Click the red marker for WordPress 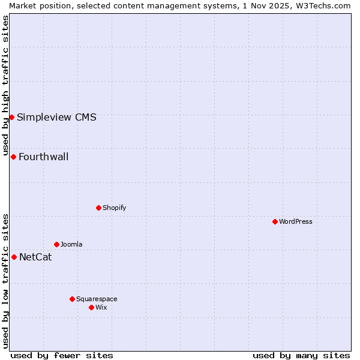pos(275,221)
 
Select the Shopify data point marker pos(98,208)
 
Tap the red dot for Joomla pos(56,244)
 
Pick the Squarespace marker pos(72,299)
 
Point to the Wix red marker pos(91,307)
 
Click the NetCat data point pos(14,257)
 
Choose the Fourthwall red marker pos(13,157)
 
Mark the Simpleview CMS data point pos(11,117)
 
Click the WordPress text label pos(296,221)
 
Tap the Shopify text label pos(114,208)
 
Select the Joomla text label pos(71,244)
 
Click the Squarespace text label pos(97,299)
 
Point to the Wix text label pos(101,307)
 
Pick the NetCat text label pos(35,257)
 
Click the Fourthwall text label pos(44,157)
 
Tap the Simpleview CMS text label pos(56,118)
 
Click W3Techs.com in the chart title pos(322,5)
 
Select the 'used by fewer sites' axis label pos(62,355)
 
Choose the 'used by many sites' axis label pos(301,355)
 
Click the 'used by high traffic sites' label pos(5,83)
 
